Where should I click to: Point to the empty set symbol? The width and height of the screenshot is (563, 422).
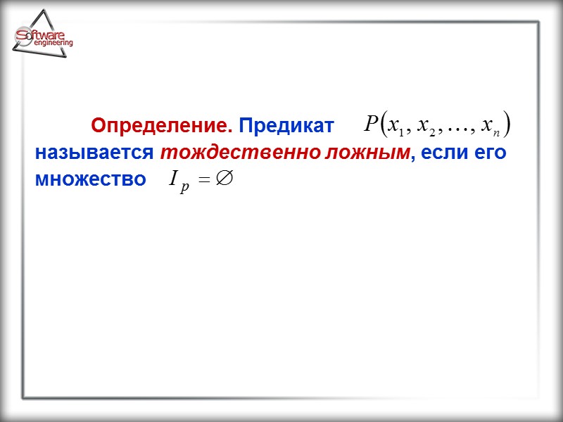coord(224,179)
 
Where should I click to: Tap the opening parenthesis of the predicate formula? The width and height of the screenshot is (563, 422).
coord(382,126)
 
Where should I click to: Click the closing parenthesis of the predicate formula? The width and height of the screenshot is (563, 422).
coord(507,126)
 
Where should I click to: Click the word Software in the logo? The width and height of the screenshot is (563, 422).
coord(44,34)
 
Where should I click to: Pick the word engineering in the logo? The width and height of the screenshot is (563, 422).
coord(53,44)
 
